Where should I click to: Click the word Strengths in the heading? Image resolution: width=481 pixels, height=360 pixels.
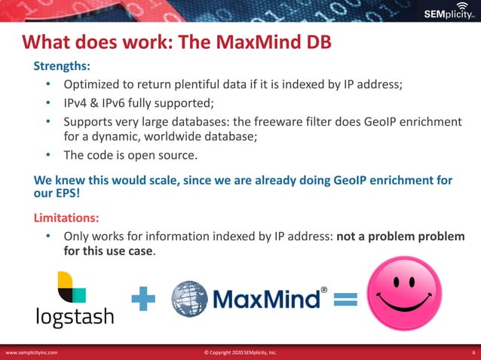click(61, 66)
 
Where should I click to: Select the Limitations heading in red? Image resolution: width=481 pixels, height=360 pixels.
click(66, 218)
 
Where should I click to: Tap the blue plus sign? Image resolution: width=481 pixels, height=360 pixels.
click(143, 301)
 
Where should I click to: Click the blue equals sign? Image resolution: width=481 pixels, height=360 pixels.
click(345, 300)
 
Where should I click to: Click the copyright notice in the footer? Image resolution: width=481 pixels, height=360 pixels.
click(240, 352)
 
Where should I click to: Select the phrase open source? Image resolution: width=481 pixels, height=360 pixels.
click(162, 156)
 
